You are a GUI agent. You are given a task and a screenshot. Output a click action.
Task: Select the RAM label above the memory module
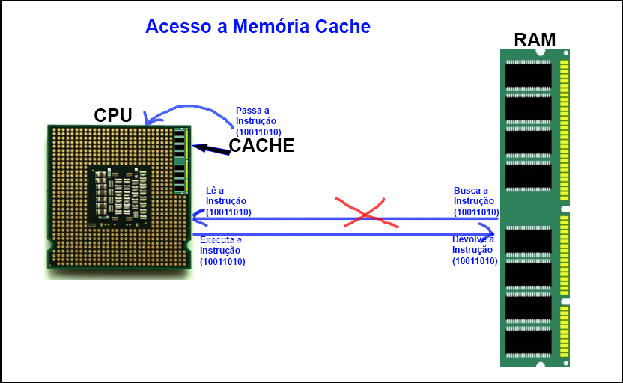(x=535, y=40)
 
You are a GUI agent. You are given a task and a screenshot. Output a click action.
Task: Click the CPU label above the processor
(x=113, y=115)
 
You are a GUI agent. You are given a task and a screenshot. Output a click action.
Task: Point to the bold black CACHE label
(x=261, y=146)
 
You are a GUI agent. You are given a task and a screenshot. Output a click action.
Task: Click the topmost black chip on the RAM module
(x=528, y=76)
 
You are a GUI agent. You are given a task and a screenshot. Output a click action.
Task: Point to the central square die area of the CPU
(x=119, y=194)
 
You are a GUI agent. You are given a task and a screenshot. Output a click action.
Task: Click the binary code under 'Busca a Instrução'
(x=476, y=212)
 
